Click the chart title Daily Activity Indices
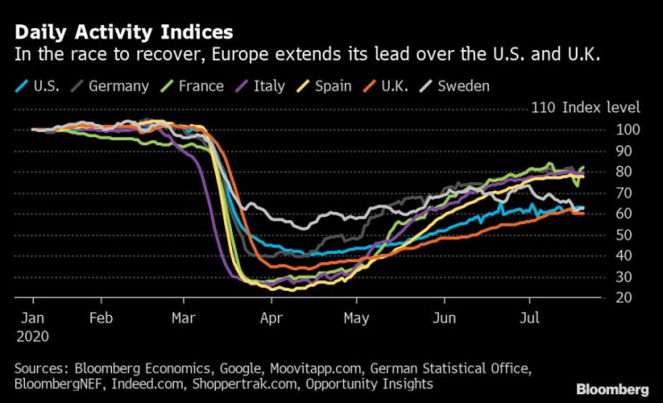124,32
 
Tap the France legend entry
197,86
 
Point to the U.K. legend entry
400,86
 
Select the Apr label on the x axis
271,318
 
